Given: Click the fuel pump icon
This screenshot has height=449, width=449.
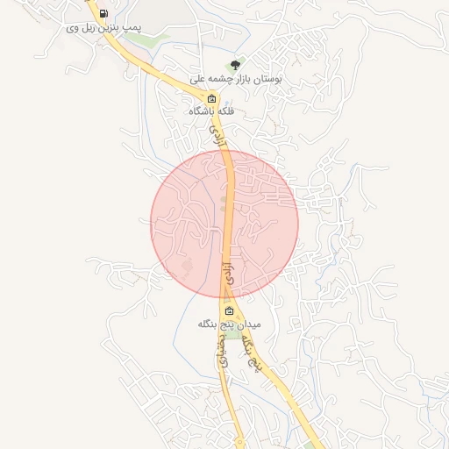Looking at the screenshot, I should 104,13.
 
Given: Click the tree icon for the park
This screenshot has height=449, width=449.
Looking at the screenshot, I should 234,64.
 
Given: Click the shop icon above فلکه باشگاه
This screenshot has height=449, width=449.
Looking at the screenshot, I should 211,98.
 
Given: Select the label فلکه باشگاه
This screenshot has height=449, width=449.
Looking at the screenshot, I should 211,112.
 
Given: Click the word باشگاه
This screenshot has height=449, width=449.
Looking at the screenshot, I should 202,112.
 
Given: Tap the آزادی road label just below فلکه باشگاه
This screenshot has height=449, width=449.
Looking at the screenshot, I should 219,135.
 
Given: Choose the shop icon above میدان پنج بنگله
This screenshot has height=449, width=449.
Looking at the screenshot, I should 229,311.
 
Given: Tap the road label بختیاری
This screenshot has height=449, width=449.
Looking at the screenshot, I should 223,349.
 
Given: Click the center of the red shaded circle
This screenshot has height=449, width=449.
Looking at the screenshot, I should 224,223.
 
